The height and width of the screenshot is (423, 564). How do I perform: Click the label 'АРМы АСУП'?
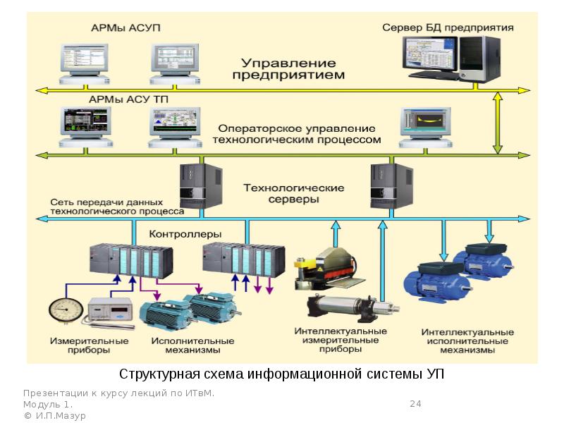tap(125, 28)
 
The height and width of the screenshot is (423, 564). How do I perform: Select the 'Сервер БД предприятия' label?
tap(448, 28)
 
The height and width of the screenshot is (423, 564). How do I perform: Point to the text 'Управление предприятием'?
tap(289, 68)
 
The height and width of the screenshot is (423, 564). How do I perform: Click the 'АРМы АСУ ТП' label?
tap(128, 100)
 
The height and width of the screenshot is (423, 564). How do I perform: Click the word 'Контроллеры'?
tap(185, 233)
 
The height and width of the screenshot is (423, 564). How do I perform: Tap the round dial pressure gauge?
tap(66, 311)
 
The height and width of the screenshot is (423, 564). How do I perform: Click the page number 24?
tap(415, 404)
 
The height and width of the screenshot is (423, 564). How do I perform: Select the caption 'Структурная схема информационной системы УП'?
tap(281, 373)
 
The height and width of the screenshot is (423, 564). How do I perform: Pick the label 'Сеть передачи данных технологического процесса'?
tap(116, 206)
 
